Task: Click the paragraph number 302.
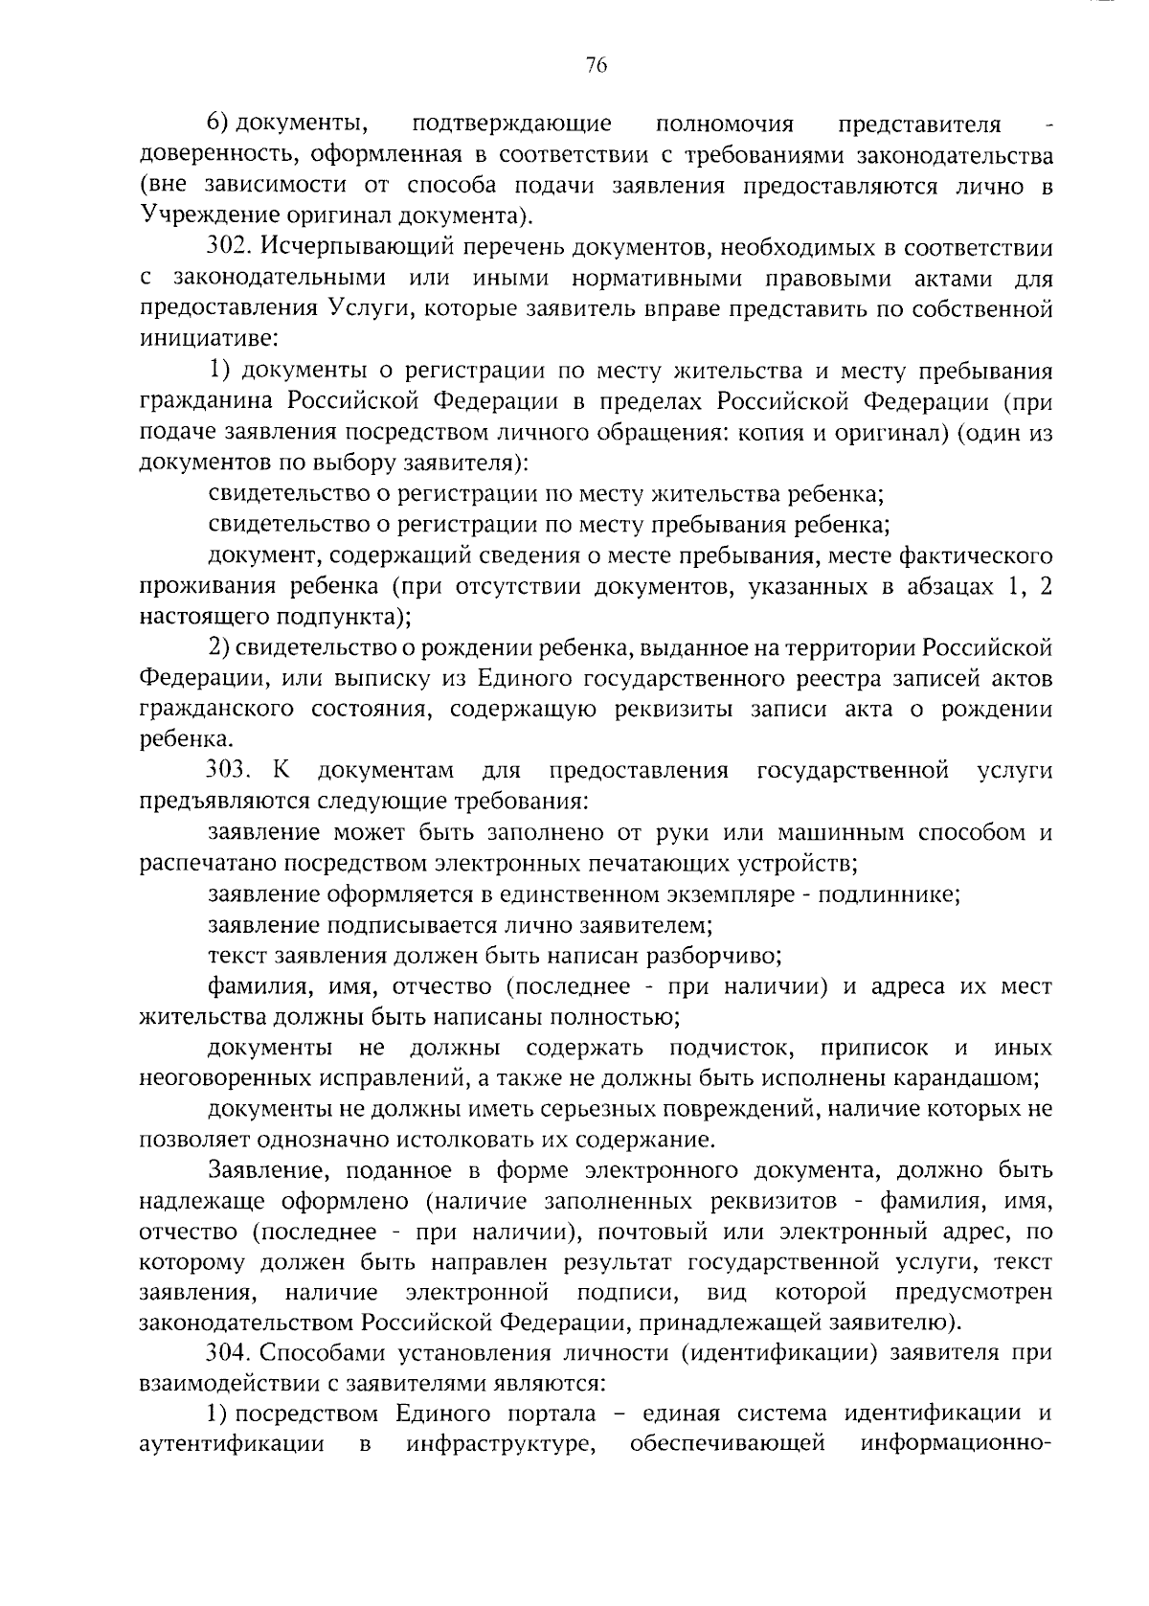click(x=229, y=249)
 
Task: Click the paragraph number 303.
click(x=229, y=771)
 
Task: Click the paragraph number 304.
click(x=229, y=1353)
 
